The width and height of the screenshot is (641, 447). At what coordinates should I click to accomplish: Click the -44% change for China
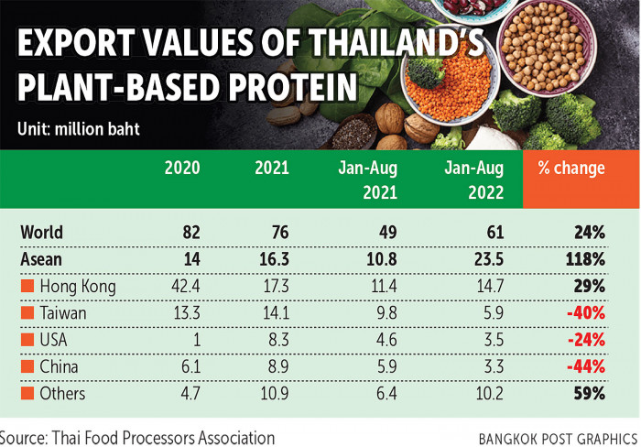click(586, 366)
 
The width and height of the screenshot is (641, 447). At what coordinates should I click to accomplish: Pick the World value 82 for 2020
click(189, 233)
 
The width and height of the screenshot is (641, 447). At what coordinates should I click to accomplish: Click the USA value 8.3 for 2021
click(277, 340)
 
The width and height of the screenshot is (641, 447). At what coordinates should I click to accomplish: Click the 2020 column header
click(181, 169)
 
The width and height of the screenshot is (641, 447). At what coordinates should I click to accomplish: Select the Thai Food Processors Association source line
click(137, 437)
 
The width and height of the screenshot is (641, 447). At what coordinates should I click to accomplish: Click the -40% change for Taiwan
click(586, 313)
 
